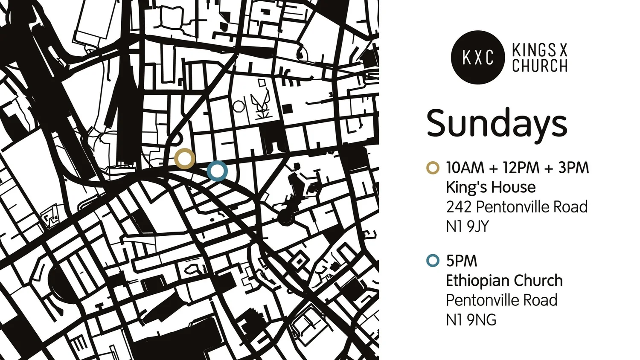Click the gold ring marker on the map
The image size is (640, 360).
[185, 159]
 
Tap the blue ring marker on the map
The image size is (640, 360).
[217, 171]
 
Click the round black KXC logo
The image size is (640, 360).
[478, 57]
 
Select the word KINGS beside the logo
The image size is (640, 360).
[534, 50]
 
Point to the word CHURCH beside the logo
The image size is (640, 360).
[540, 66]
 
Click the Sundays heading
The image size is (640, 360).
[497, 123]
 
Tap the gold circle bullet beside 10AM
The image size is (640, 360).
[433, 168]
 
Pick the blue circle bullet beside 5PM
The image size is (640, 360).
[433, 260]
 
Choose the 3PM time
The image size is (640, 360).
[573, 168]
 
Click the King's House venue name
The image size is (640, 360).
[491, 187]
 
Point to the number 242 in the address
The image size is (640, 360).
[459, 207]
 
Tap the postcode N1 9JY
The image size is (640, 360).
[467, 226]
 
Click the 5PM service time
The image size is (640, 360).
[462, 261]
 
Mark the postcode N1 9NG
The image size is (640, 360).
[471, 320]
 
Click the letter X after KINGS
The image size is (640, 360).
[563, 50]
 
